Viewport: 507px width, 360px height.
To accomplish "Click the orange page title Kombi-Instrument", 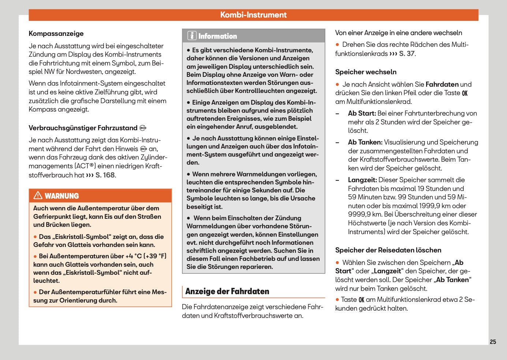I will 253,15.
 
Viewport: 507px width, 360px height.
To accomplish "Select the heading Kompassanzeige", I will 56,34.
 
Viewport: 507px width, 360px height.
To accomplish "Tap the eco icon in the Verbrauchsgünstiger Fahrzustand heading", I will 143,128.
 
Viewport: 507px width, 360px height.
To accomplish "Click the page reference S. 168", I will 105,175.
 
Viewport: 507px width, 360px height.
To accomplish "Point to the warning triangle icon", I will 38,196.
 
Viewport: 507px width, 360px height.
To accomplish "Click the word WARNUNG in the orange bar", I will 62,196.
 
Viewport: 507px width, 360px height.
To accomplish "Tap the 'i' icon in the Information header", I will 192,36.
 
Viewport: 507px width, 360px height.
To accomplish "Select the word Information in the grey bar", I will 217,36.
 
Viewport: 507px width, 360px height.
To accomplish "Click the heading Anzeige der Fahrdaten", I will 227,292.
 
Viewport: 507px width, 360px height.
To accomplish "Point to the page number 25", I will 493,342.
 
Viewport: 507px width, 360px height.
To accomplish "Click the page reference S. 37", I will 407,54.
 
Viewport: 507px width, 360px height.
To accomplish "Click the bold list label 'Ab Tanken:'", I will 365,142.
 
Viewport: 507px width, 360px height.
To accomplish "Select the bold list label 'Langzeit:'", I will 362,180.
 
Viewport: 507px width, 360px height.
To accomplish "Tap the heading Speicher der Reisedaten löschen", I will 388,250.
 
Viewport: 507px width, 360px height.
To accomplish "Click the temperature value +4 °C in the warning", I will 133,256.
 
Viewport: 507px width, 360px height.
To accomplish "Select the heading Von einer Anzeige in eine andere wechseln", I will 398,33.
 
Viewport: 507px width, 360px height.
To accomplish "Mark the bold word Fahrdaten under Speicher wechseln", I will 442,85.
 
